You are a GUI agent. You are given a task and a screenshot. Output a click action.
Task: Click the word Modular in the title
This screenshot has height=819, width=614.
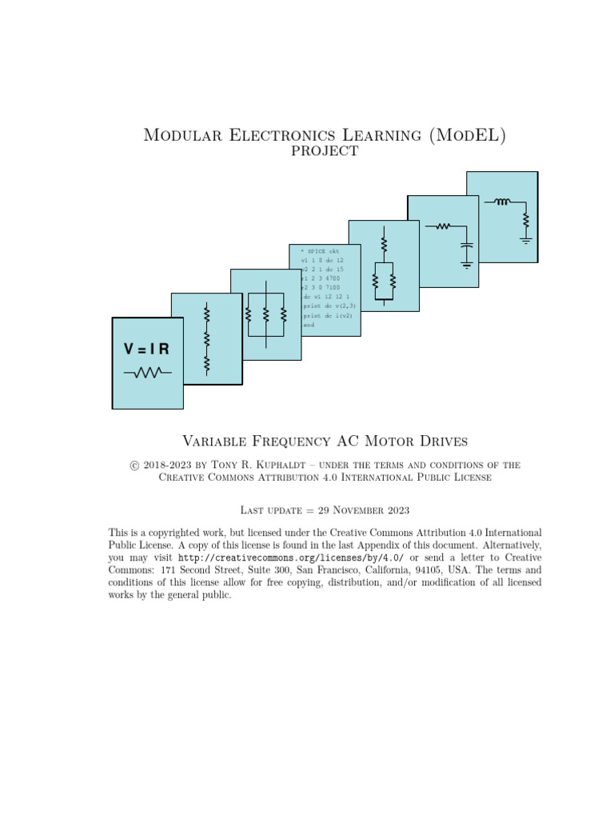(x=177, y=136)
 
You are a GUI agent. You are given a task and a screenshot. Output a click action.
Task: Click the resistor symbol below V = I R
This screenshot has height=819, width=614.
(x=147, y=372)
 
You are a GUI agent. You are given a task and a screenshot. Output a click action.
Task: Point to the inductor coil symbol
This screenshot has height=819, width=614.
(x=502, y=202)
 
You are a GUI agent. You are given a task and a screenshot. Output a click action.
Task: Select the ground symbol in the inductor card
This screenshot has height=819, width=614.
(x=525, y=238)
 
